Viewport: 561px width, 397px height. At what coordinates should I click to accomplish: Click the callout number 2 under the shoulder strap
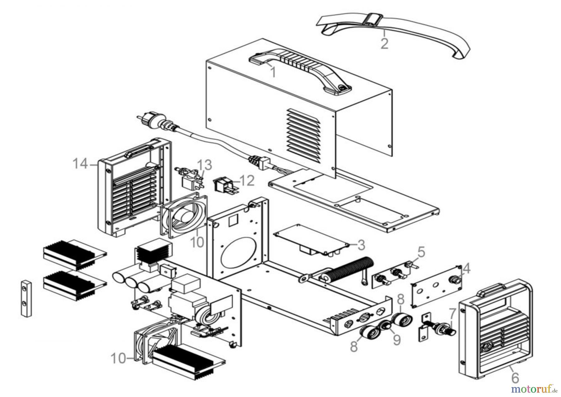(384, 43)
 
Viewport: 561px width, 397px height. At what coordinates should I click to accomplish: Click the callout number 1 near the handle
(273, 72)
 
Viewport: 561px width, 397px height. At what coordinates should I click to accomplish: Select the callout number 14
(80, 164)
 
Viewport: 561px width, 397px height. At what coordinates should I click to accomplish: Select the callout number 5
(421, 252)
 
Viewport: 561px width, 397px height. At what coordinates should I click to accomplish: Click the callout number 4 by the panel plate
(466, 268)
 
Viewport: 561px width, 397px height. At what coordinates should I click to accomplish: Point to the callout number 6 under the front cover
(515, 378)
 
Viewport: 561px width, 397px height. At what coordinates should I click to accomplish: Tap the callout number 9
(396, 340)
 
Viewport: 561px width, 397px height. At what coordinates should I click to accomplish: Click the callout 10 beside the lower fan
(118, 359)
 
